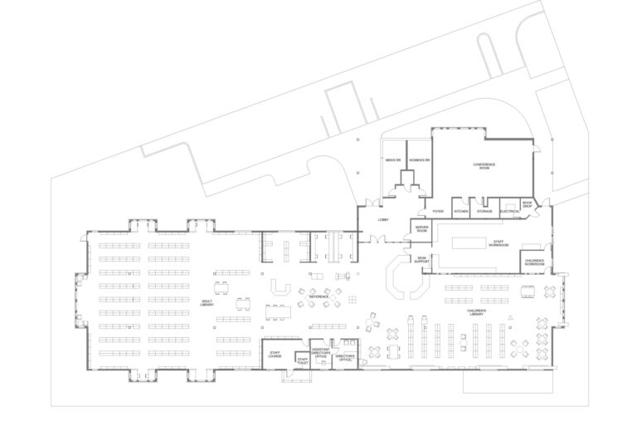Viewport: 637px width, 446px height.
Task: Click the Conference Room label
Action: point(484,166)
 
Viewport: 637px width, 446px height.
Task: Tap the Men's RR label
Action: point(392,159)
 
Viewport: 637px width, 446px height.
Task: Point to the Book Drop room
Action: point(528,204)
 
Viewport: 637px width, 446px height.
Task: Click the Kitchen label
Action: point(461,212)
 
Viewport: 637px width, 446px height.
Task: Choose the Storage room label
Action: point(485,212)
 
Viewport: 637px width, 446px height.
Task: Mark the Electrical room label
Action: point(510,212)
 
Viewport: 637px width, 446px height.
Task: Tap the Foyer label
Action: point(437,212)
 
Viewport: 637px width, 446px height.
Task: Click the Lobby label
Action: point(383,219)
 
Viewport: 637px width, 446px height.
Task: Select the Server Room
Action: point(421,228)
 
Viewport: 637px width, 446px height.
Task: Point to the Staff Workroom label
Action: point(498,244)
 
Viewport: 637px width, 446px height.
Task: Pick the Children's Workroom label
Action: point(533,263)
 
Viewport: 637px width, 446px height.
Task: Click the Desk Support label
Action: point(421,261)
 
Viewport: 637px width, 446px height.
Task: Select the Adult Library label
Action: point(207,304)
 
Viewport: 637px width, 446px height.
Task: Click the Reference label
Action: point(319,297)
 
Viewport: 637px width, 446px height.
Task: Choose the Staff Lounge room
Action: point(275,355)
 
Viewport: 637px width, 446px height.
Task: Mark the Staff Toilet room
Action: point(302,361)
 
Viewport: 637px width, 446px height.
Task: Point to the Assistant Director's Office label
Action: point(320,353)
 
